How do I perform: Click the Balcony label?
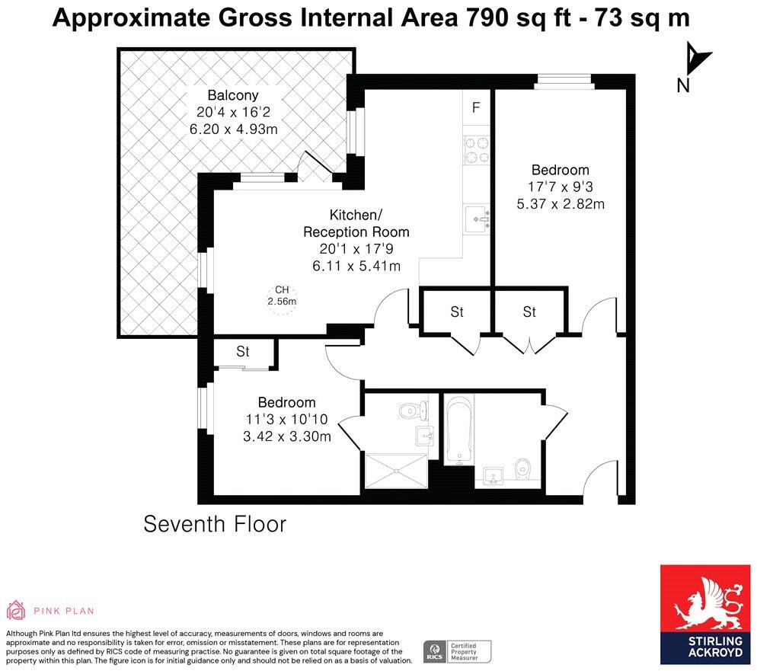pos(233,95)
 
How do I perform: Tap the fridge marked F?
pos(476,107)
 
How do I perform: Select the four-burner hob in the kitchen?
pos(477,149)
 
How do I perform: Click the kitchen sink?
pos(478,219)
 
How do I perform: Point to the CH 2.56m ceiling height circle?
pos(282,296)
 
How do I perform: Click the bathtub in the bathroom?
pos(459,429)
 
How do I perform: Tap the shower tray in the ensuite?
pos(396,471)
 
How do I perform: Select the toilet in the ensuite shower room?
pos(414,411)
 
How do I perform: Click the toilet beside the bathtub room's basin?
pos(523,470)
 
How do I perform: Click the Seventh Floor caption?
pos(215,524)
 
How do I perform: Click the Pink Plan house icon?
pos(15,610)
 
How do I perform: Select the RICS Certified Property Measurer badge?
pos(457,651)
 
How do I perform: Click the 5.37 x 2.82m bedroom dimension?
pos(561,204)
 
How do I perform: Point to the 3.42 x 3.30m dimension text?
pos(287,437)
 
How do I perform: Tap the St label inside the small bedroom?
pos(242,351)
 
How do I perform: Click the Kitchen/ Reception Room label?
pos(356,223)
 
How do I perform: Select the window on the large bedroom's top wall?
pos(564,81)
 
